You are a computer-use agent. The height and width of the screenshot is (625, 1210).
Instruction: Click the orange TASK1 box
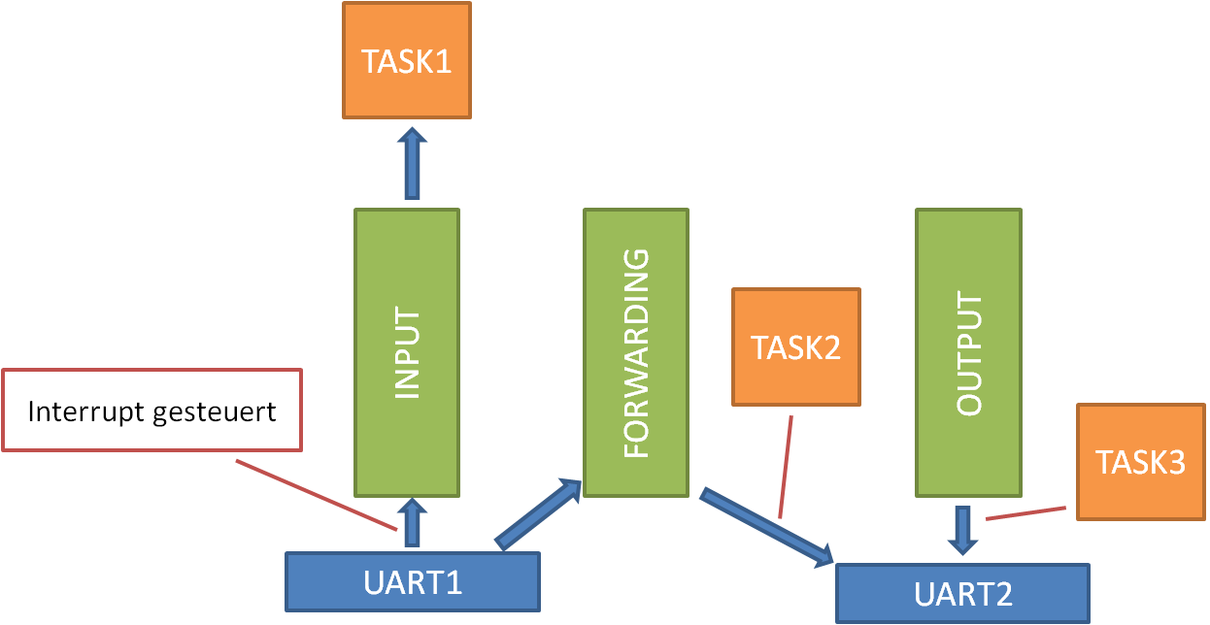point(406,60)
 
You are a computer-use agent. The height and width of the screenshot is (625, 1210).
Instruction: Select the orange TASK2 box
point(796,346)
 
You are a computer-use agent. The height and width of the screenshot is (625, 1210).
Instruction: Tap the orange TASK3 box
point(1140,462)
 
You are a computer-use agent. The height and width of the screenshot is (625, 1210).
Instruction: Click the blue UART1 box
point(412,582)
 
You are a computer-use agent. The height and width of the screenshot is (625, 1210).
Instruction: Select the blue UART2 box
point(962,593)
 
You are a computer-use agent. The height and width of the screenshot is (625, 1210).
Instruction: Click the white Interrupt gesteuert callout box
point(152,411)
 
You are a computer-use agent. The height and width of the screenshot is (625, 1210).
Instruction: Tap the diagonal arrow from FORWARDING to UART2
point(766,526)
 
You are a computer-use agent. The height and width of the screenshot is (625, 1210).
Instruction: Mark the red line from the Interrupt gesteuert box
point(316,495)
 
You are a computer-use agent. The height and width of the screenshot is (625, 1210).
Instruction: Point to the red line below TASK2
point(786,467)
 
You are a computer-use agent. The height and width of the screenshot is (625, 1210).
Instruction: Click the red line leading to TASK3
point(1025,513)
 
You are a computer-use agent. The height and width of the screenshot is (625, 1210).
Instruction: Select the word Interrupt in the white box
point(85,411)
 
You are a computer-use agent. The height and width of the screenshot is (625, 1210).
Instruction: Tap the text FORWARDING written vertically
point(635,354)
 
